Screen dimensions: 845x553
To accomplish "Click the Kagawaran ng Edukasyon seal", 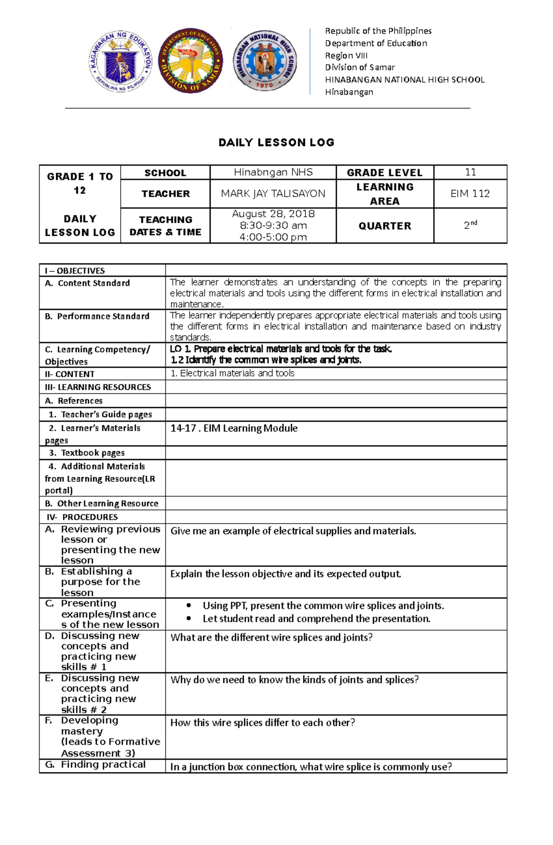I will pos(120,60).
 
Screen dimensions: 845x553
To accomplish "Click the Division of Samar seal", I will pos(190,60).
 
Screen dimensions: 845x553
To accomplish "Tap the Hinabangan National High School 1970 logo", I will pos(265,60).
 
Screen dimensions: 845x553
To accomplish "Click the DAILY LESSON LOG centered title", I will pos(276,142).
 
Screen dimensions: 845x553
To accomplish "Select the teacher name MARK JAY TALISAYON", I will pos(273,194).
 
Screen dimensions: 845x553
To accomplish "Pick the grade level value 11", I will pos(470,172).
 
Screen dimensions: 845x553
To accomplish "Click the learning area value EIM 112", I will pos(470,194).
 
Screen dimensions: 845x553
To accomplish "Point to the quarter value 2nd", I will pos(470,225).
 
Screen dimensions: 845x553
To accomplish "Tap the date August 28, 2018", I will pos(273,214).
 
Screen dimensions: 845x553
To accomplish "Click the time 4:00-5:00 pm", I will pos(273,237).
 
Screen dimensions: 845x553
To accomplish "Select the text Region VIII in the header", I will pos(346,55).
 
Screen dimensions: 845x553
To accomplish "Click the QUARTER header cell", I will pos(385,226).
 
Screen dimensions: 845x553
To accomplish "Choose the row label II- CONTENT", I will pos(70,374).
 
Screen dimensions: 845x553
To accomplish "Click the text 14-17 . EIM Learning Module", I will pos(234,428).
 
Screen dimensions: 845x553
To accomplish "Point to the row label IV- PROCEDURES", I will pos(82,517).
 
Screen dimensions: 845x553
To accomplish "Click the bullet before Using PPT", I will pos(188,606).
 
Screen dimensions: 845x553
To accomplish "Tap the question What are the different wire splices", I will pos(271,637).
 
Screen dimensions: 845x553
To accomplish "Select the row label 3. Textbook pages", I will pos(87,453).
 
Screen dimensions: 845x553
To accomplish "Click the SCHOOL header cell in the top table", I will pos(165,173).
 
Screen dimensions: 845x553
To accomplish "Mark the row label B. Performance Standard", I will pos(97,316).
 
